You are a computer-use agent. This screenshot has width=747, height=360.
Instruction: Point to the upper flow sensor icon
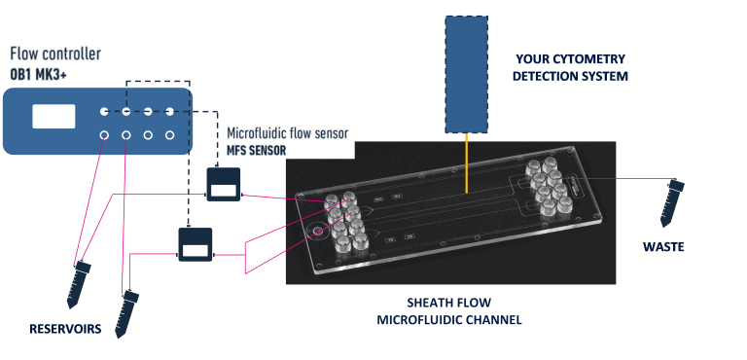pos(224,182)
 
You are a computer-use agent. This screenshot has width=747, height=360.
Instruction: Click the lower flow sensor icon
pos(195,243)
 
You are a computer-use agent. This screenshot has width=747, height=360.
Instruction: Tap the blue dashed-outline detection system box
pos(466,74)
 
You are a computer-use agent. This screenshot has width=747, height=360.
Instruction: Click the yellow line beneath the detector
pos(466,163)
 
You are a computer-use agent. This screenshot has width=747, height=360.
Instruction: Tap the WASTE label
pos(663,248)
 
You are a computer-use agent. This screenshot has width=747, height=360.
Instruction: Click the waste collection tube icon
pos(672,199)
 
